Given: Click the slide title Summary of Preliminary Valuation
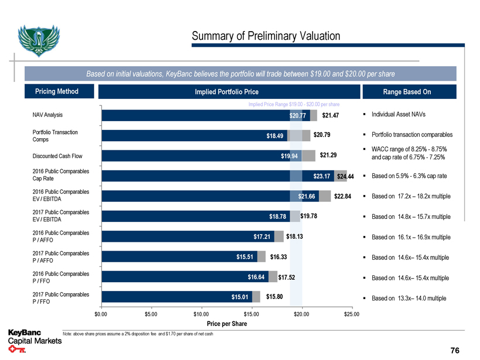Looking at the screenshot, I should (x=266, y=36).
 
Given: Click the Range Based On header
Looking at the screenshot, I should (x=407, y=92).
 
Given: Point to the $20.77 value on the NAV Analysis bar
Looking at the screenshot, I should (x=298, y=115).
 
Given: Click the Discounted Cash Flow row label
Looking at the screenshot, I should (x=57, y=156).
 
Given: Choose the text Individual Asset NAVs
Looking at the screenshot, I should (x=400, y=115).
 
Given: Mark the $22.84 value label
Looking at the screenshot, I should (x=342, y=196).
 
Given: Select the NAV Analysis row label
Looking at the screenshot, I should (x=47, y=115).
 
